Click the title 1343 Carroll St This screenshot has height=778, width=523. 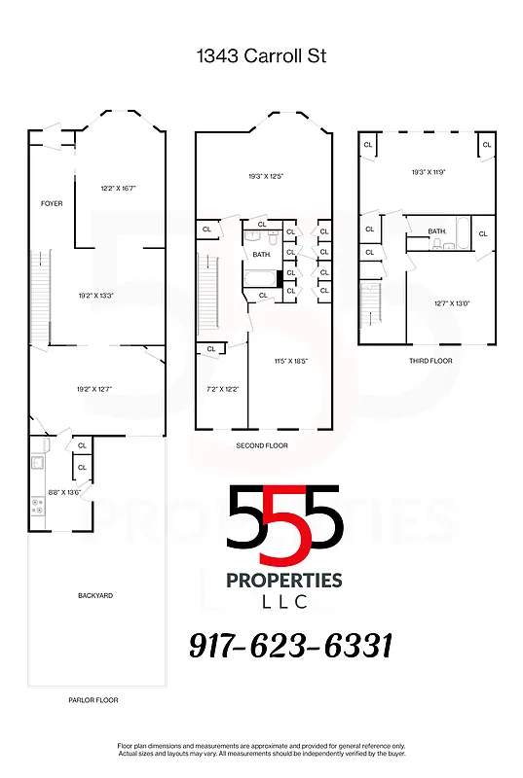(261, 56)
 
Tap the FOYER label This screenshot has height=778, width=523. (52, 203)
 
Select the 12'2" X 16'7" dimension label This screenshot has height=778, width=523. (118, 188)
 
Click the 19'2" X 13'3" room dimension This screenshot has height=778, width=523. (97, 294)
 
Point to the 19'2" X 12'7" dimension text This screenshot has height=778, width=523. (95, 390)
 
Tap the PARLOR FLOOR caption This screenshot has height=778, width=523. (93, 699)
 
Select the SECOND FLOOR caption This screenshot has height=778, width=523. (262, 445)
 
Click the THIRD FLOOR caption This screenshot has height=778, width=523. (430, 361)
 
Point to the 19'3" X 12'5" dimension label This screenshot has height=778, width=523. (264, 176)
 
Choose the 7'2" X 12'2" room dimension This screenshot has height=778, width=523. (222, 389)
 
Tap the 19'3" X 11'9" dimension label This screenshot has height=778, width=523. (428, 172)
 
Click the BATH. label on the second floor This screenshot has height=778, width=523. (261, 254)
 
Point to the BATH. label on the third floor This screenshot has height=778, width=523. (437, 230)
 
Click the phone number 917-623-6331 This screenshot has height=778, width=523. (290, 645)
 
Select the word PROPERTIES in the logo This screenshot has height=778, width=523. (284, 580)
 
